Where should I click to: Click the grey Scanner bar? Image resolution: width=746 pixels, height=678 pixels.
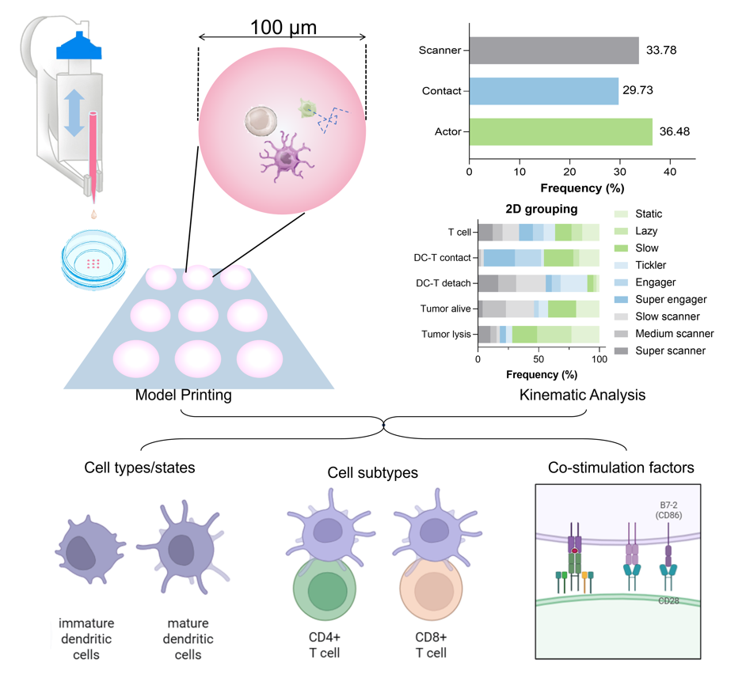tap(554, 51)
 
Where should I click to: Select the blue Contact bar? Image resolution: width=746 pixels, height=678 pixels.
tap(543, 90)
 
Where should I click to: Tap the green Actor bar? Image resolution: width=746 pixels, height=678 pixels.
tap(560, 131)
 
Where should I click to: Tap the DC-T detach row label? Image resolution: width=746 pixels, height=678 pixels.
tap(444, 282)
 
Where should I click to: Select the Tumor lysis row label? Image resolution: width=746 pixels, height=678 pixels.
tap(447, 334)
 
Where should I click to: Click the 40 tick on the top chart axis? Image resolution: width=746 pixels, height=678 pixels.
tap(670, 172)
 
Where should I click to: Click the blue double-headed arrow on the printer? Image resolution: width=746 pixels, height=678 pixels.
tap(74, 113)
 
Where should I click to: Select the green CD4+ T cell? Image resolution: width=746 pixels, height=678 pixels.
tap(322, 593)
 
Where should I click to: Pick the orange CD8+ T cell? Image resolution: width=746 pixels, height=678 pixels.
tap(429, 593)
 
